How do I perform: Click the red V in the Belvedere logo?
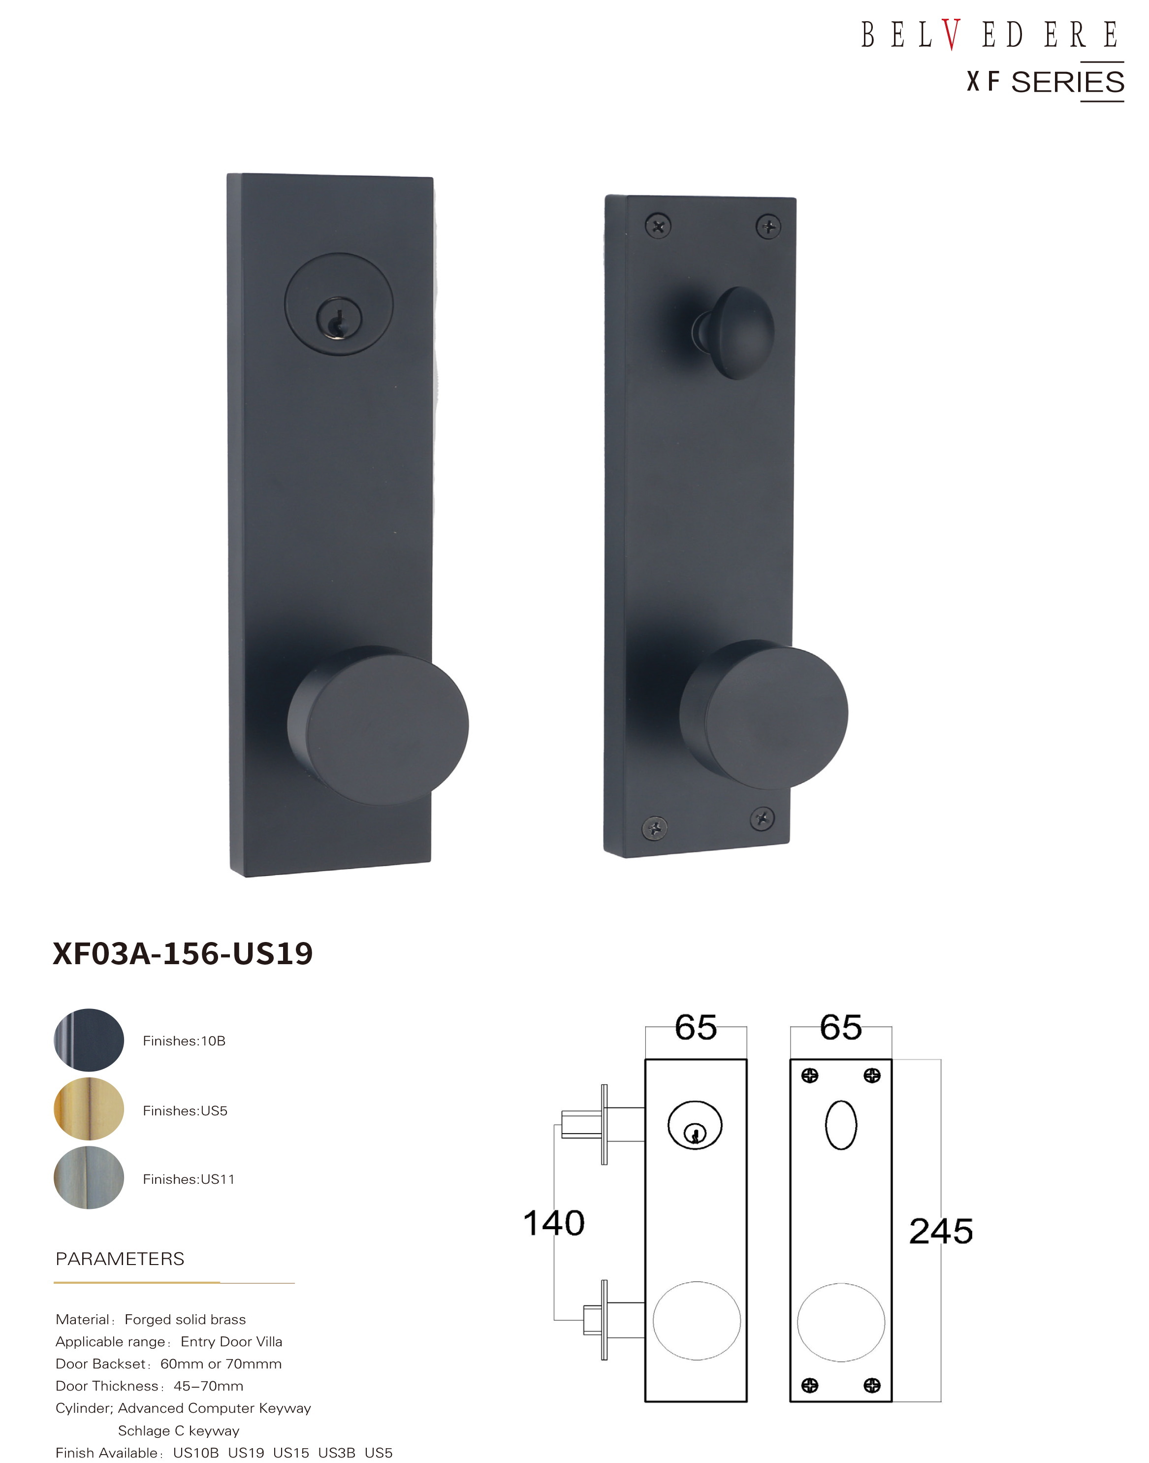951,34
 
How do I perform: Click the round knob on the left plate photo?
378,725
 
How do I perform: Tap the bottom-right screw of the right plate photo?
762,818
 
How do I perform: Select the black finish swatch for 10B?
89,1040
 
